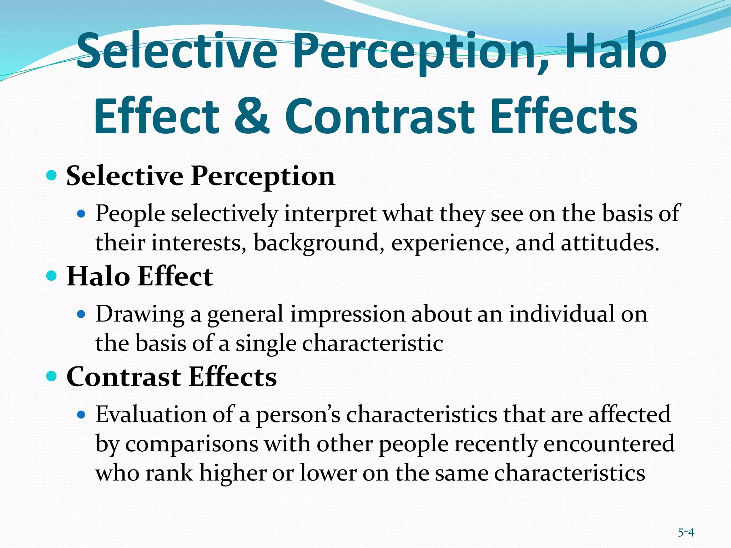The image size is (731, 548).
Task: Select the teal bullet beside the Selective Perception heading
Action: (52, 175)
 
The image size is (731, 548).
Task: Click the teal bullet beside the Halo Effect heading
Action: (52, 276)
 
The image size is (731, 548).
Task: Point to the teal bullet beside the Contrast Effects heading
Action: (52, 376)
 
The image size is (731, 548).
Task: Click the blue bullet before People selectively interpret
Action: (81, 214)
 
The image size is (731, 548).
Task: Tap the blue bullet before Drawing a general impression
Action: (81, 314)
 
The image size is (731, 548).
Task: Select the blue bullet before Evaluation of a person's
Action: (81, 415)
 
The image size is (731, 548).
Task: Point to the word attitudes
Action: (610, 243)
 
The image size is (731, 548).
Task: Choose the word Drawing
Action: (140, 315)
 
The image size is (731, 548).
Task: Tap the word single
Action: (266, 344)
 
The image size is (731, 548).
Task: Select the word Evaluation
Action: (151, 415)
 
